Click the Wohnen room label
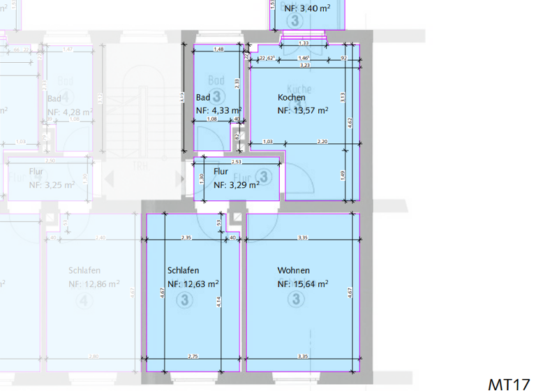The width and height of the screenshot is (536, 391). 293,270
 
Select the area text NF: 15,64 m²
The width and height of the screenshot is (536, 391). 302,284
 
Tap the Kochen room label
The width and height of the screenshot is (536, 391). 291,98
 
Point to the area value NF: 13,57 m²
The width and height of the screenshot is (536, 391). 302,110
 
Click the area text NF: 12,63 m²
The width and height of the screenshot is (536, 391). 193,284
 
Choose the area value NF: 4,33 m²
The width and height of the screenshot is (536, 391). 218,110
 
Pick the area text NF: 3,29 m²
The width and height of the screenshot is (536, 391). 236,185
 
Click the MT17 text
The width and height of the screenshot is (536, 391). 509,384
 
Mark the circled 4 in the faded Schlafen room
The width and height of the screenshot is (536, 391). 84,302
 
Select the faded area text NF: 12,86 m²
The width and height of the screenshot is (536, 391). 94,285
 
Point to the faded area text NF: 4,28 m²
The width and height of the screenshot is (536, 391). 70,112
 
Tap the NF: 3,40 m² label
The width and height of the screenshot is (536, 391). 307,8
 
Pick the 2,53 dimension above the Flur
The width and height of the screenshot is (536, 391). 237,162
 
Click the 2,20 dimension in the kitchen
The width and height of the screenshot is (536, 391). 322,142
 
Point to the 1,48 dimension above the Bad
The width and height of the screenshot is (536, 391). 218,50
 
